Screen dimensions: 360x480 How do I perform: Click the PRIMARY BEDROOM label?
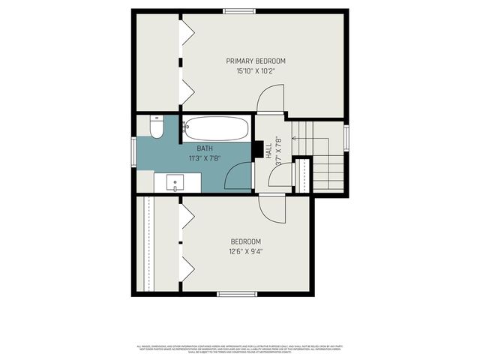[256, 61]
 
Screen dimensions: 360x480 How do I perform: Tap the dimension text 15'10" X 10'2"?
[256, 71]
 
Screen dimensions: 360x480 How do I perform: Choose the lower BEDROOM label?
[245, 241]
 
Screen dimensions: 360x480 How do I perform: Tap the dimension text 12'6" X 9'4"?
[245, 251]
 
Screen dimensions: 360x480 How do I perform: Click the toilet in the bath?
[157, 128]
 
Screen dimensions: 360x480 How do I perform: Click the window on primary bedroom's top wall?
[238, 10]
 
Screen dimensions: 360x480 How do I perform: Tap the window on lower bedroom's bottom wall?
[236, 293]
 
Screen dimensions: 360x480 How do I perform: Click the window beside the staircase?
[347, 139]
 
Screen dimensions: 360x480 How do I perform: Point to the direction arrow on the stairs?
[294, 136]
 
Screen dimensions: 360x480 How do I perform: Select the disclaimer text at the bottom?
[239, 348]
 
